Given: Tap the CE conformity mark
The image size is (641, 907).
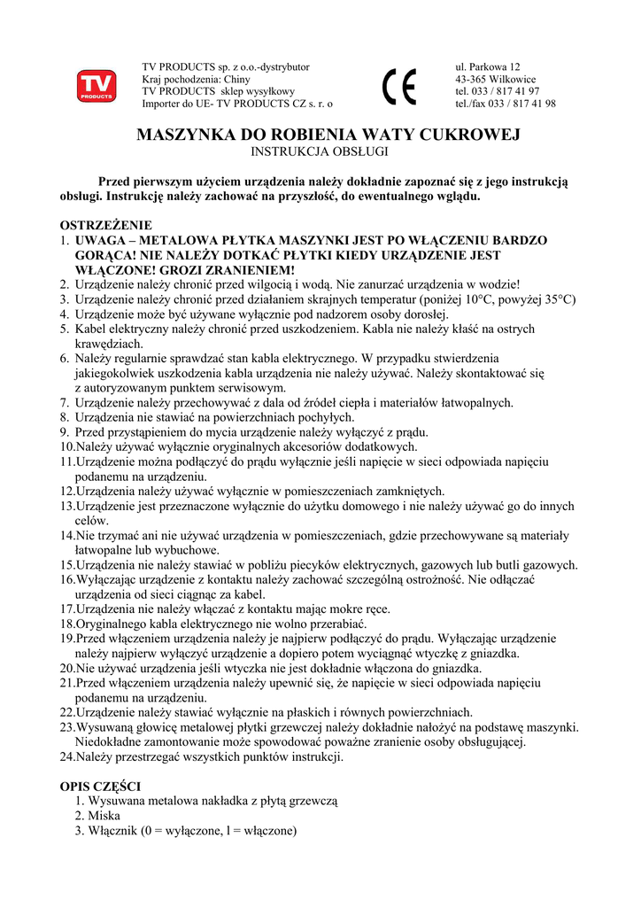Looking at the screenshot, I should tap(399, 87).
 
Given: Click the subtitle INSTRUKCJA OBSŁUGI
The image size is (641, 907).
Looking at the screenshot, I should tap(320, 152).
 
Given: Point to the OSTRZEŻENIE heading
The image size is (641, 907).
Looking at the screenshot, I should tap(105, 225).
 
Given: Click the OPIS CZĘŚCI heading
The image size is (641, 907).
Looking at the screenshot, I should tap(100, 786).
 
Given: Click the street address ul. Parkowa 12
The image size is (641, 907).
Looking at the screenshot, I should tap(488, 66).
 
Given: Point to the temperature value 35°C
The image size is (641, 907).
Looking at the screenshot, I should tap(557, 298).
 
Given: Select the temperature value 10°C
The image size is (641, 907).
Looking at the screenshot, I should tap(478, 298).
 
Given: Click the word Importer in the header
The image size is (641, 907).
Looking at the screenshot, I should tap(164, 104).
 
